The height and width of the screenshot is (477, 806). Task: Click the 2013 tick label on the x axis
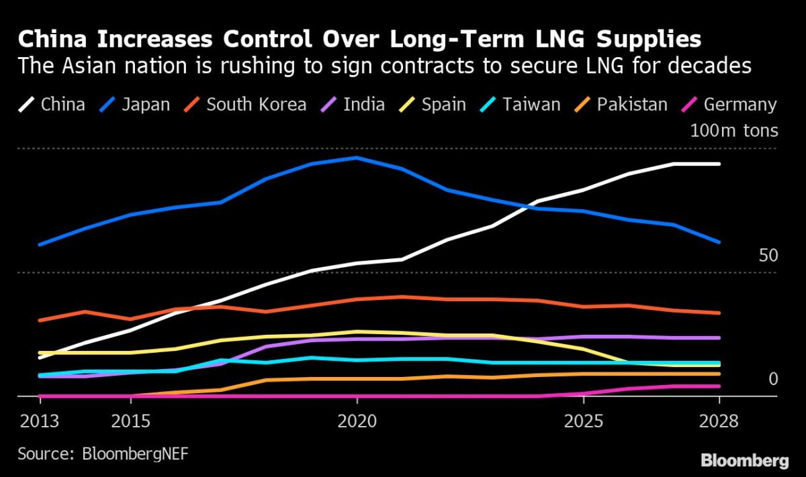pyautogui.click(x=39, y=421)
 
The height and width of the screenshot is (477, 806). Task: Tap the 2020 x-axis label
pyautogui.click(x=357, y=421)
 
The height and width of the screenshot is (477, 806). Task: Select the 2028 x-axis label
pyautogui.click(x=718, y=421)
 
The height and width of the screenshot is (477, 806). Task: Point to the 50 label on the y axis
pyautogui.click(x=768, y=256)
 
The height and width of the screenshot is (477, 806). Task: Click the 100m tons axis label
pyautogui.click(x=734, y=130)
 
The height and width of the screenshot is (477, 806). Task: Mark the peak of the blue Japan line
pyautogui.click(x=356, y=158)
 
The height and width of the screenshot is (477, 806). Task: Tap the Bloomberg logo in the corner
pyautogui.click(x=744, y=460)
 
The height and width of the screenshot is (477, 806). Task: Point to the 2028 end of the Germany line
pyautogui.click(x=719, y=386)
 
